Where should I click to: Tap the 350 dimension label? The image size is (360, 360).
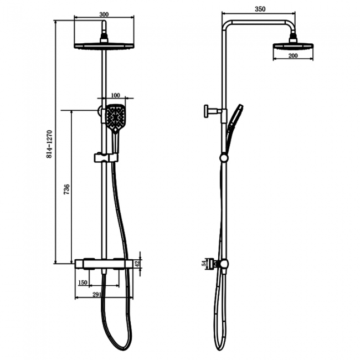pos(260,9)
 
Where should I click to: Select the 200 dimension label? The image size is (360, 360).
pos(293,56)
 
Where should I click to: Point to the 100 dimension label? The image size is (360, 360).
pos(116,95)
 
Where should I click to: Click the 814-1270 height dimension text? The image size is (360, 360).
pos(50,145)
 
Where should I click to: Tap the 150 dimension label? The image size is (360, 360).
pos(83,282)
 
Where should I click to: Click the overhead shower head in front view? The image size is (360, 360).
pos(104,45)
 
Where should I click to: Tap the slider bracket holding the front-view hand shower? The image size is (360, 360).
pos(105,158)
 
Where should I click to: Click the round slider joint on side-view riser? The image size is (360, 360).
pos(223,158)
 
